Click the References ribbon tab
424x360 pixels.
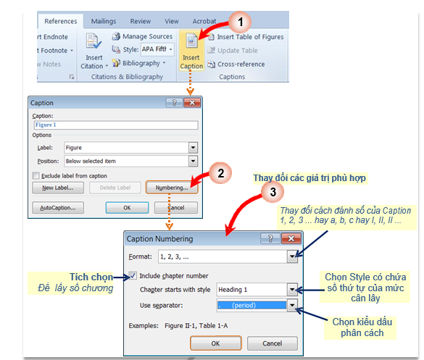tap(61, 21)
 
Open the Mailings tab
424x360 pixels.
tap(104, 21)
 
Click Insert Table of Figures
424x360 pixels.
tap(246, 37)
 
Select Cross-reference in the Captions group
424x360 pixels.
tap(236, 64)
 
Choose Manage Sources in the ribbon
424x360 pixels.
tap(142, 36)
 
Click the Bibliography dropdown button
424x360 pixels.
tap(139, 63)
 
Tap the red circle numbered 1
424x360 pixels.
tap(240, 22)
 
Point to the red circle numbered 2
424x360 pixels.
tap(220, 173)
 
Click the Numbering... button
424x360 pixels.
tap(172, 188)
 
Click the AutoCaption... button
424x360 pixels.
tap(58, 208)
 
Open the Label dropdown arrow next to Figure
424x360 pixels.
tap(193, 148)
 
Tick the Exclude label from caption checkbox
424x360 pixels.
tap(36, 176)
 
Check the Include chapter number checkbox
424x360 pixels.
tap(133, 276)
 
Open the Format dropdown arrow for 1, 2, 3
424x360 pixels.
tap(292, 256)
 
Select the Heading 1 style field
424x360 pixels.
tap(252, 290)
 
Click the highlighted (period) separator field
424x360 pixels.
tap(252, 306)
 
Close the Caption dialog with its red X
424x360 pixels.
tap(192, 103)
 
